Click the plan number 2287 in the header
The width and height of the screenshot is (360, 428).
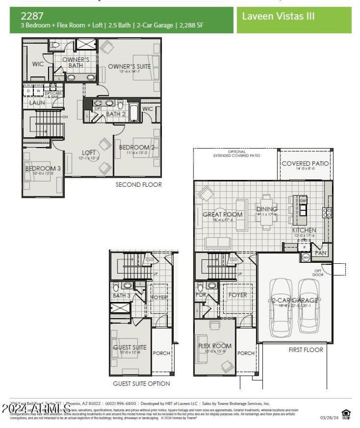[x=32, y=16]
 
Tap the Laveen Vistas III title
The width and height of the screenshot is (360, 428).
[x=278, y=16]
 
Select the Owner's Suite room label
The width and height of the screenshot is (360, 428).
[x=129, y=67]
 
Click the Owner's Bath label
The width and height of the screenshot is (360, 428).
[x=76, y=62]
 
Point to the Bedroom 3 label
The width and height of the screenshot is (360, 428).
[x=43, y=169]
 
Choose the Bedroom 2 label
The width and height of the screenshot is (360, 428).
[x=137, y=148]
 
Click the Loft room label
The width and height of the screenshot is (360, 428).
[x=89, y=153]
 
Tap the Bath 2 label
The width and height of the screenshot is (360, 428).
[x=116, y=114]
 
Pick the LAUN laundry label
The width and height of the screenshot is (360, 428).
[x=37, y=103]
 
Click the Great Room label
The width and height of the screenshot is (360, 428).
[x=222, y=215]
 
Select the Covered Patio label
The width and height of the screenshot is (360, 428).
[x=305, y=163]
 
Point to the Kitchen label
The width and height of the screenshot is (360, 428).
[x=304, y=230]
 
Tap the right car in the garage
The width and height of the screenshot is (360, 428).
[x=309, y=304]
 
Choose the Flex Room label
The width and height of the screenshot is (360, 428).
[x=215, y=346]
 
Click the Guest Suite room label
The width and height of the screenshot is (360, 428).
[x=130, y=347]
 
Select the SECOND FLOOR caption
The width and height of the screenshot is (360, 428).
[x=139, y=185]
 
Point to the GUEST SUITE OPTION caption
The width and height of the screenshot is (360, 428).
[x=141, y=383]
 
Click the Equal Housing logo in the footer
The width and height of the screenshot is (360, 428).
[x=346, y=414]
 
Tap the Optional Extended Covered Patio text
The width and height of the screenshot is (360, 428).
[x=237, y=154]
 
